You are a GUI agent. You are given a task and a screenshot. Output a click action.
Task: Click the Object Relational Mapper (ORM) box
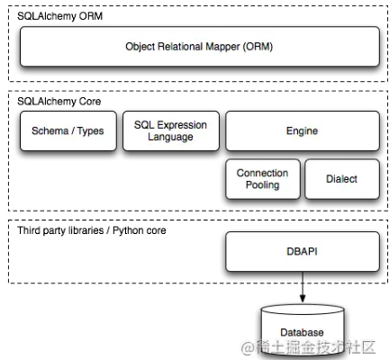[200, 47]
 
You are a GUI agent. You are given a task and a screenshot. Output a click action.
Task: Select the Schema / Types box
[68, 130]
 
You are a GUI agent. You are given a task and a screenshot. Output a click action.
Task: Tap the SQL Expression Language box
[171, 130]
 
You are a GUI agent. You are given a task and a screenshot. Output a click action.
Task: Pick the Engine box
[303, 130]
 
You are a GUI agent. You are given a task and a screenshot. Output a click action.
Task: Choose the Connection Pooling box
[263, 179]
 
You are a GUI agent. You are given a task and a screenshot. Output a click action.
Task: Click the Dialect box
[342, 179]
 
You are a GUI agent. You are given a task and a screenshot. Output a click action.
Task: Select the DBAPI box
[303, 251]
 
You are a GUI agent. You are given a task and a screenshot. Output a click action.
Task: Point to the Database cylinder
[303, 330]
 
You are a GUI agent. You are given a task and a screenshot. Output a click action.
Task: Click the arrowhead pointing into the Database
[303, 299]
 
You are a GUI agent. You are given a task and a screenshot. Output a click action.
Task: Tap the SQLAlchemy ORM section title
[59, 16]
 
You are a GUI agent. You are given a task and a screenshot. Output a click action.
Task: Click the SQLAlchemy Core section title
[59, 102]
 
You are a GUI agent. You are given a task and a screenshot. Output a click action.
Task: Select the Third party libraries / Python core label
[92, 230]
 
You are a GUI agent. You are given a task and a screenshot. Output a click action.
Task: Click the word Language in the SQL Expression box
[170, 137]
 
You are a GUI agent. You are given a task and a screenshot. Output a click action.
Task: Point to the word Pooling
[263, 185]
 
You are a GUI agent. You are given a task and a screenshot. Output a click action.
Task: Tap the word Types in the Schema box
[90, 131]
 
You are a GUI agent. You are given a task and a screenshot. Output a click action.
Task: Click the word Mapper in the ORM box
[222, 47]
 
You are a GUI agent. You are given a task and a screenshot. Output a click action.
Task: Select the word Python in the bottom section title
[128, 230]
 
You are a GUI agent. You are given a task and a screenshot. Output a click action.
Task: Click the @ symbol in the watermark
[248, 347]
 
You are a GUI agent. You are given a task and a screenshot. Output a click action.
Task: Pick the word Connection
[263, 173]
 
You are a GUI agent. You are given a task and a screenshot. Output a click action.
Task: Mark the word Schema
[50, 130]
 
